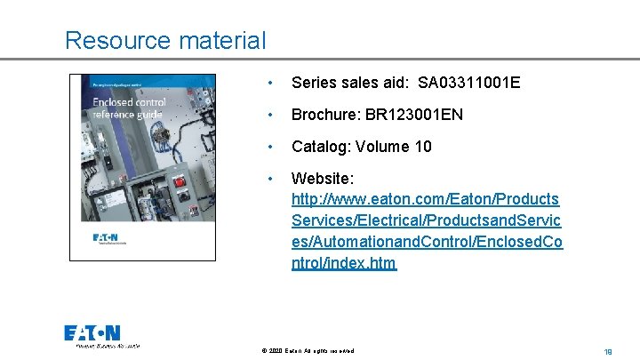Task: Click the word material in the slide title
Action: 221,40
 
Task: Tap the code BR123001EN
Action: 414,115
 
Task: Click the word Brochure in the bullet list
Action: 324,115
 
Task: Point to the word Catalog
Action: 320,147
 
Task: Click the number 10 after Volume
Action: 422,147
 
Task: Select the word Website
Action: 321,179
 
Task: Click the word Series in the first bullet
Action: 313,83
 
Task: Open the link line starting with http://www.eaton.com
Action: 425,199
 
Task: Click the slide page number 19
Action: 607,351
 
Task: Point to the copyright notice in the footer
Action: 308,351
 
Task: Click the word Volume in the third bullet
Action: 385,147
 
